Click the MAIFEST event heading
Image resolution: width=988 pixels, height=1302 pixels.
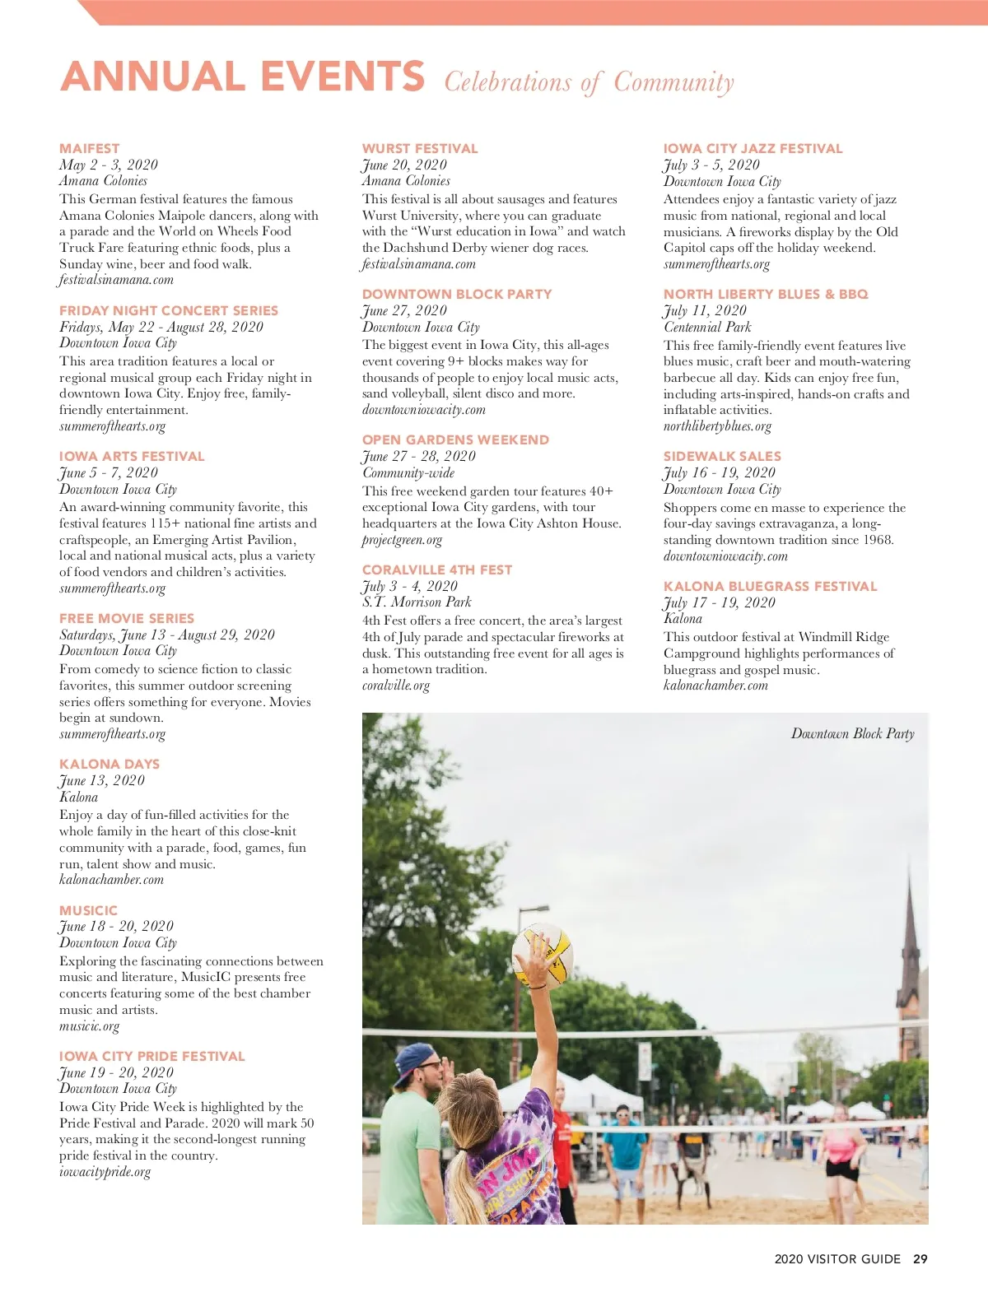[89, 149]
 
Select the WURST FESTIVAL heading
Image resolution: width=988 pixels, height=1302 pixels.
[420, 149]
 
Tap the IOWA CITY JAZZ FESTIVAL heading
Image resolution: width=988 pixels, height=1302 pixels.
[753, 149]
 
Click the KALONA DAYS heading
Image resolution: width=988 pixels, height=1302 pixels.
[110, 765]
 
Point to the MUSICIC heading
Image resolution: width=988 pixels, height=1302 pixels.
[88, 910]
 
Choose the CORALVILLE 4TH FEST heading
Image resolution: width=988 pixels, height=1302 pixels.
[437, 570]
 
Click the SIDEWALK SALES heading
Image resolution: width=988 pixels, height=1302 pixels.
[722, 456]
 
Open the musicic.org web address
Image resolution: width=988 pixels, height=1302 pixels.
[89, 1026]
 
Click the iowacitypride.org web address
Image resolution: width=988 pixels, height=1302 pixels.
[105, 1172]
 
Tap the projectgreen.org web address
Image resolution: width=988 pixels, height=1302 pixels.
[402, 540]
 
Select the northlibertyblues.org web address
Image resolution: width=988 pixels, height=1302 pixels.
[717, 426]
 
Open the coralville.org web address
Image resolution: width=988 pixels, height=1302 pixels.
[396, 686]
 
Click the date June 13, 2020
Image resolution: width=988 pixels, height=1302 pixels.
[101, 780]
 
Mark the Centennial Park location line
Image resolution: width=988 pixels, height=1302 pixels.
[707, 327]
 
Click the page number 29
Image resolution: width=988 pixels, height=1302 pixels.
[920, 1259]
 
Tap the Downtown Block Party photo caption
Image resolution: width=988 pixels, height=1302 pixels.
[852, 733]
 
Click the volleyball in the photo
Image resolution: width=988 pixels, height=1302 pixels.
[543, 955]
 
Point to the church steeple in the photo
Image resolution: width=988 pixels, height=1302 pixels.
[910, 946]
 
